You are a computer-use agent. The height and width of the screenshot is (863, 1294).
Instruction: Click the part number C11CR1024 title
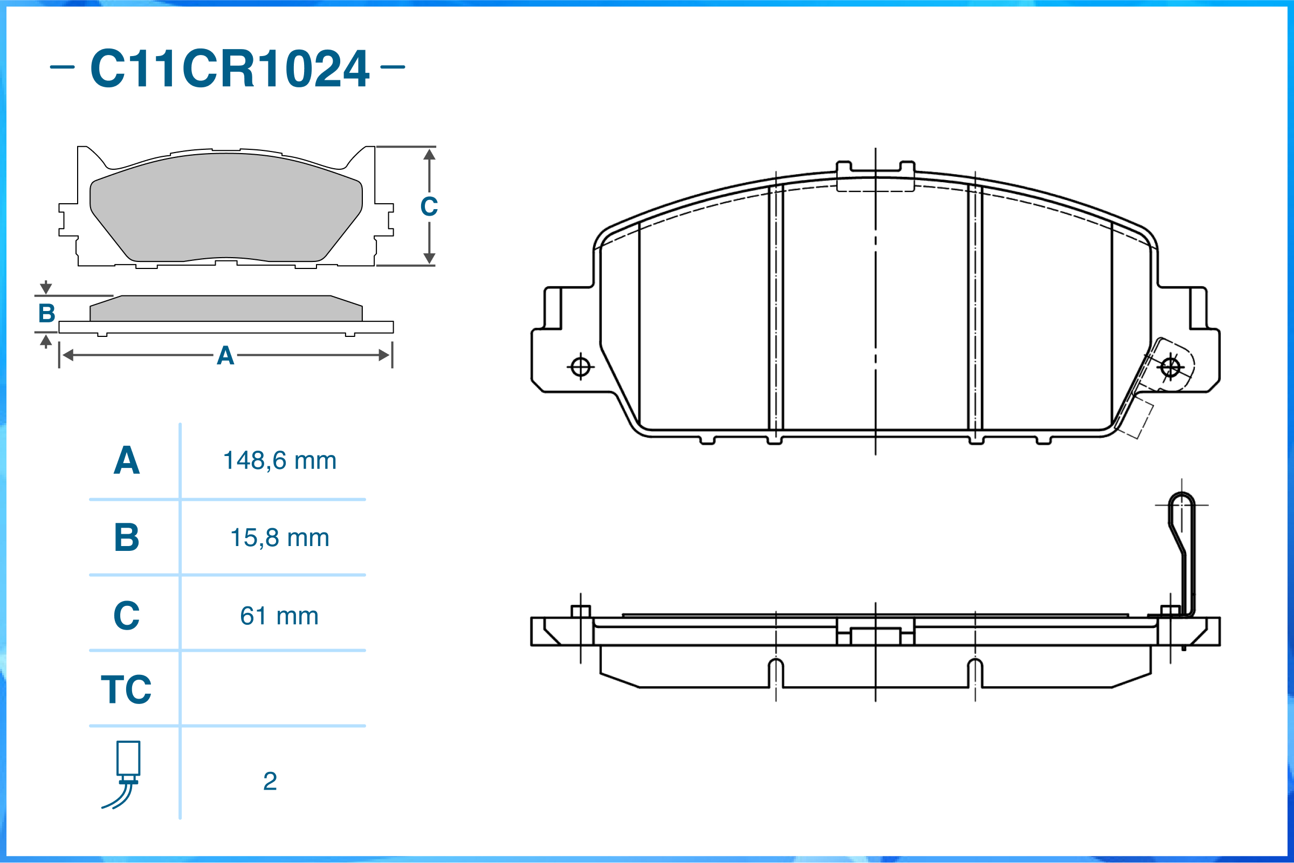tap(229, 68)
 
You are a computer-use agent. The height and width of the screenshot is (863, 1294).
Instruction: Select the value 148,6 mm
tap(280, 461)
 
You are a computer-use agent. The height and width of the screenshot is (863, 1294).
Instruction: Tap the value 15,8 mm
tap(280, 538)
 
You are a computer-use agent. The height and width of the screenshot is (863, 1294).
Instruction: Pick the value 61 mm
tap(279, 616)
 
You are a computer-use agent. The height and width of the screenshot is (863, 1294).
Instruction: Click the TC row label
tap(126, 689)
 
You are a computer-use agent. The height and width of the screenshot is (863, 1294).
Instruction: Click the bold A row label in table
tap(127, 461)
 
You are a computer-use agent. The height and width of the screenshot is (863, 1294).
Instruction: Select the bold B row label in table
tap(127, 538)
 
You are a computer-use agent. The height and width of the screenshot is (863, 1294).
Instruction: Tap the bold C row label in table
tap(127, 616)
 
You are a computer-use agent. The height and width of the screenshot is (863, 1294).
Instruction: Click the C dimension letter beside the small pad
tap(429, 207)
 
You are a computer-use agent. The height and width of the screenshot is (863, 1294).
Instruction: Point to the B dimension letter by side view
tap(47, 314)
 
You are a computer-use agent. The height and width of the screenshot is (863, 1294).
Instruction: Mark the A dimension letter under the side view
tap(225, 356)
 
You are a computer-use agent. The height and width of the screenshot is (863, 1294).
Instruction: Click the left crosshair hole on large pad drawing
tap(581, 367)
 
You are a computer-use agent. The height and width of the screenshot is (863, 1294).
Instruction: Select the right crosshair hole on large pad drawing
tap(1170, 367)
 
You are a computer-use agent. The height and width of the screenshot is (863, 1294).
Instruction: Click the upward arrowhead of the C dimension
tap(429, 155)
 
